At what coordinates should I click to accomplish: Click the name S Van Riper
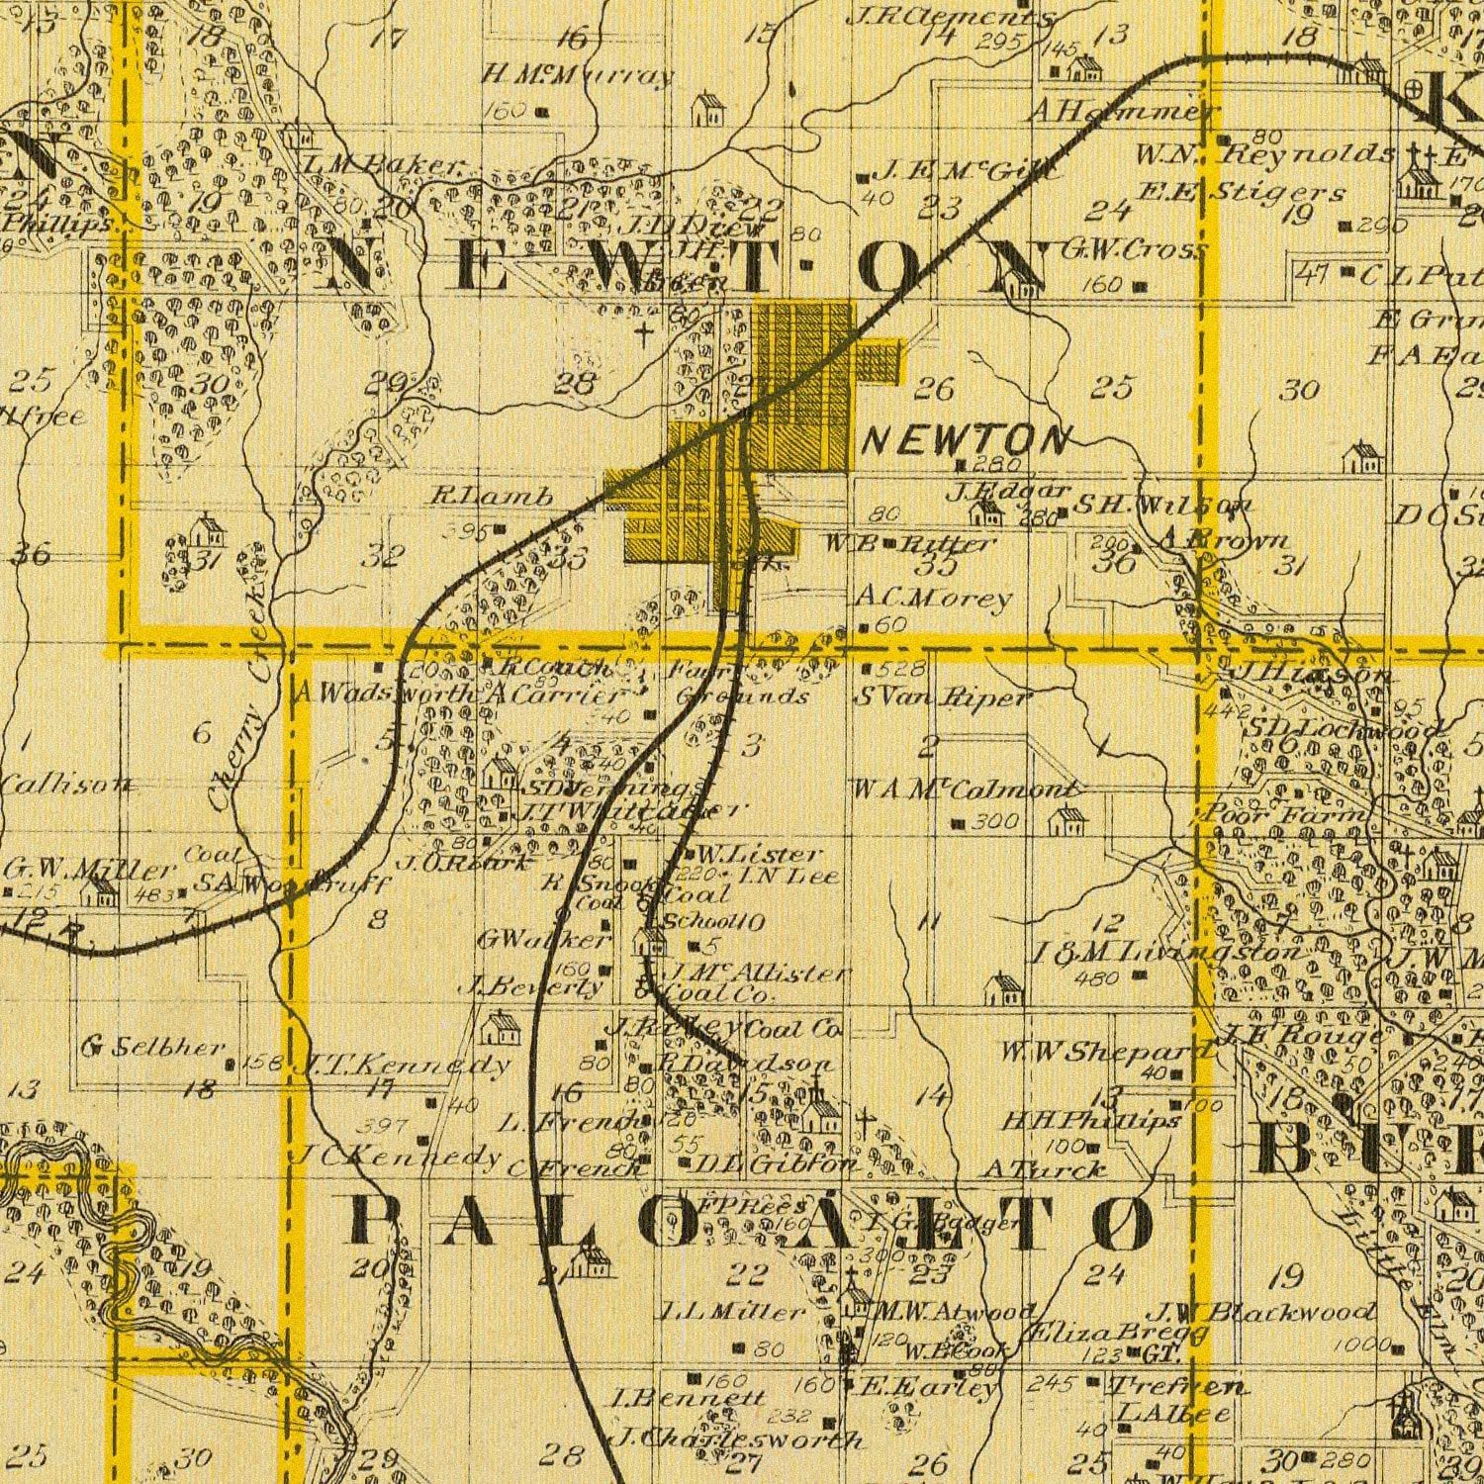(x=940, y=697)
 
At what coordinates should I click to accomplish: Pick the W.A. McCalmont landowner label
(x=966, y=790)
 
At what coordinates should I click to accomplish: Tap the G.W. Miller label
(x=89, y=871)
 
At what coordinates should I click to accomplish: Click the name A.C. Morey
(x=934, y=598)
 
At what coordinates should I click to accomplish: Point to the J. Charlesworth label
(x=737, y=1438)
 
